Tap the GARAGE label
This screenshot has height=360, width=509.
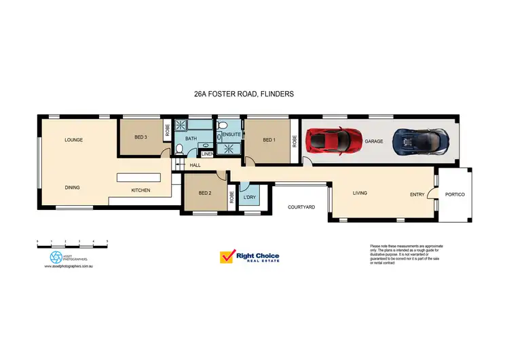pos(374,141)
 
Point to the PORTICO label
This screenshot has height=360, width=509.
pos(454,194)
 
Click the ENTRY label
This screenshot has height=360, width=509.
pos(418,194)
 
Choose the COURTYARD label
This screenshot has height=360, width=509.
pos(301,207)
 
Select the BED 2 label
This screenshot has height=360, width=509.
pos(206,193)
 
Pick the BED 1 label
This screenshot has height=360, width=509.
pos(269,140)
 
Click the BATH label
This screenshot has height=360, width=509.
pos(191,139)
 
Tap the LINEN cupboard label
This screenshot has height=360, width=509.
pos(207,154)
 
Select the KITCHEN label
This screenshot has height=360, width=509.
pos(140,190)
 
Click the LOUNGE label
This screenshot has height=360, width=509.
pos(73,140)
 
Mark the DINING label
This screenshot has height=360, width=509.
pos(73,187)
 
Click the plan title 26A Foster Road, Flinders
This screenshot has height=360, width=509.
pos(244,94)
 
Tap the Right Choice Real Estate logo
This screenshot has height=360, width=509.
pos(249,257)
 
